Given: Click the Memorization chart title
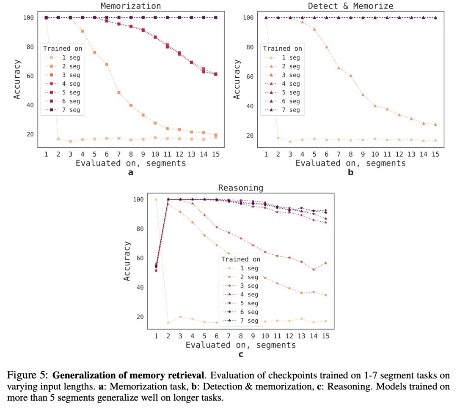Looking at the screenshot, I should [x=130, y=6].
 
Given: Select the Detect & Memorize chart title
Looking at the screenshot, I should [x=350, y=6].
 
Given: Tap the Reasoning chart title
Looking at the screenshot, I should [x=240, y=188].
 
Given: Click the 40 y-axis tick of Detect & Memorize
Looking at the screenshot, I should [x=250, y=106].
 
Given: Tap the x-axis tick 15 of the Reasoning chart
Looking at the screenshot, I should [x=325, y=336].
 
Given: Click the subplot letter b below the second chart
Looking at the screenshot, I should [x=350, y=172].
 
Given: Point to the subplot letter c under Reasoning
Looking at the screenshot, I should [x=240, y=354].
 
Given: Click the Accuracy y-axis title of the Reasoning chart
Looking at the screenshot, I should [x=127, y=261].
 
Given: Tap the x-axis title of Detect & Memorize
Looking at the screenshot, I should [x=350, y=163].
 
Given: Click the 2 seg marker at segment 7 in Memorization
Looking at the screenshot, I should [x=119, y=92].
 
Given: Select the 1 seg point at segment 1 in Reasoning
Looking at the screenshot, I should [x=156, y=199].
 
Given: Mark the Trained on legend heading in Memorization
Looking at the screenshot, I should [x=63, y=49].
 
